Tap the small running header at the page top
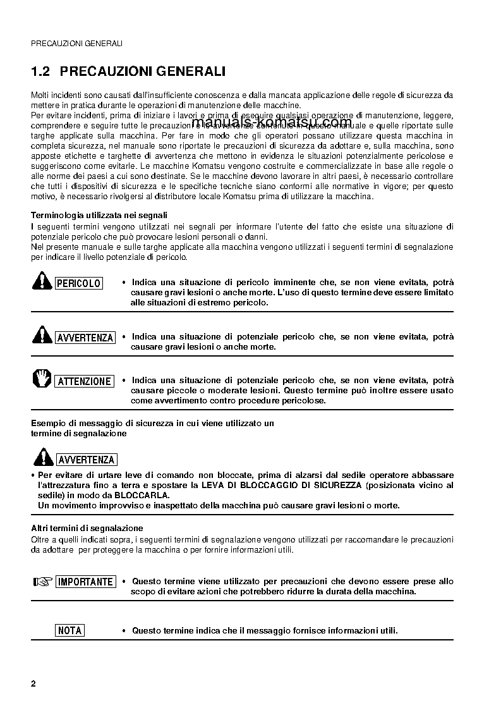click(76, 43)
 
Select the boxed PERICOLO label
click(79, 284)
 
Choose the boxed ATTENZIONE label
click(85, 381)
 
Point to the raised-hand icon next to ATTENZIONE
click(42, 379)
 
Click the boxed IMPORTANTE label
click(86, 582)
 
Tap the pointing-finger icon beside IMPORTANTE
click(42, 581)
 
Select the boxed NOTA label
click(69, 630)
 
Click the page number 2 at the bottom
click(33, 684)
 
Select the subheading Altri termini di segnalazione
click(87, 528)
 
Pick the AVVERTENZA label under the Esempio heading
click(86, 460)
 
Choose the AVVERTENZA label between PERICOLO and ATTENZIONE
click(85, 338)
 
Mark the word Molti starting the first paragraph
click(41, 95)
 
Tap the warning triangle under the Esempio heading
click(42, 456)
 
